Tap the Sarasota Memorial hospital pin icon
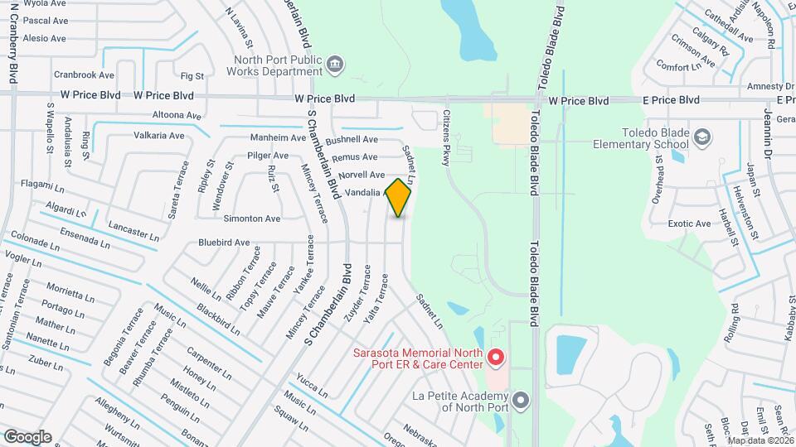click(495, 358)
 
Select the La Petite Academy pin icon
click(521, 401)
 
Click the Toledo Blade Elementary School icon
click(702, 137)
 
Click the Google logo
click(27, 436)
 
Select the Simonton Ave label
click(252, 219)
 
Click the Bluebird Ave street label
click(224, 243)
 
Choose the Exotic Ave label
click(690, 223)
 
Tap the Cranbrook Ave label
click(84, 74)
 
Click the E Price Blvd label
click(672, 100)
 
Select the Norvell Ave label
click(362, 175)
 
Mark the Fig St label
click(192, 76)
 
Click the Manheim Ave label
click(279, 137)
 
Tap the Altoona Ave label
click(177, 116)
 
